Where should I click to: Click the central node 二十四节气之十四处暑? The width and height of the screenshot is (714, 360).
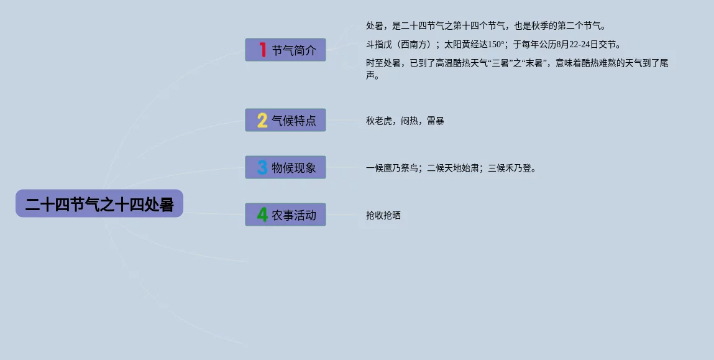point(99,203)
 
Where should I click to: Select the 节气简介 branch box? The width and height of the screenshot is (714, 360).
point(285,50)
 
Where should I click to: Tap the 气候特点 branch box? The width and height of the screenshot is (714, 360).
point(285,120)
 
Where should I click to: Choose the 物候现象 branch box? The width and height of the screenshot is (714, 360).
point(285,167)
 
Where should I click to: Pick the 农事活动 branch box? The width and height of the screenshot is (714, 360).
point(285,215)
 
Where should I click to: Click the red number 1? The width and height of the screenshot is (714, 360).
point(262,49)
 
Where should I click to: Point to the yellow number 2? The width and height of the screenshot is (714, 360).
point(262,120)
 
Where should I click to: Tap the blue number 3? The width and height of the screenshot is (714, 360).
point(262,167)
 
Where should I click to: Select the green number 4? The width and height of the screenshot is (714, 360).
point(262,215)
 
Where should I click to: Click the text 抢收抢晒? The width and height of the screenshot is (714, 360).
point(383,215)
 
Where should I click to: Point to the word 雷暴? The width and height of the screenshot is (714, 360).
point(436,121)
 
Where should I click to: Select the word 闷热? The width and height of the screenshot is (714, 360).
point(410,121)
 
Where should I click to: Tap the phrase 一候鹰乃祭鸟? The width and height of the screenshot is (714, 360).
point(392,168)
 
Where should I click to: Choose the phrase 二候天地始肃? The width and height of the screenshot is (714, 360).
point(453,168)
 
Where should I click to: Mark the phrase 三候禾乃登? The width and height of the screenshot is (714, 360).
point(510,168)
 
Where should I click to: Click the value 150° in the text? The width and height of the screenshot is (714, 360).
point(497,45)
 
